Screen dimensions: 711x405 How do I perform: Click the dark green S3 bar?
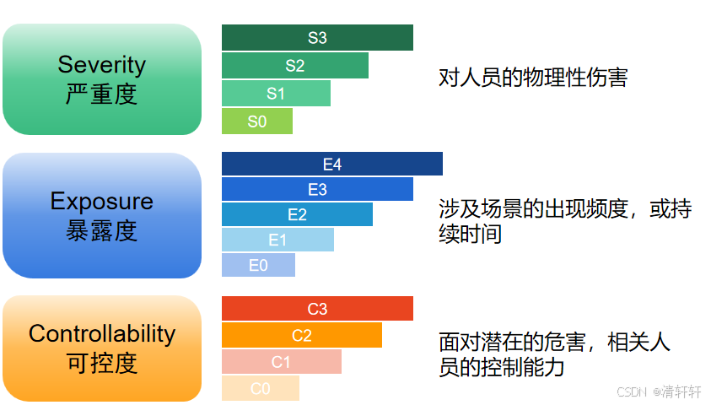pyautogui.click(x=317, y=38)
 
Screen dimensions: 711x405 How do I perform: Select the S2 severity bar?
pyautogui.click(x=294, y=65)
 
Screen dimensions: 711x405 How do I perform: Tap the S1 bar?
pyautogui.click(x=276, y=94)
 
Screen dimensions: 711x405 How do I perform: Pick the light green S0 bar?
pyautogui.click(x=257, y=121)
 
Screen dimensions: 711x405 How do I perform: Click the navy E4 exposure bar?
pyautogui.click(x=332, y=164)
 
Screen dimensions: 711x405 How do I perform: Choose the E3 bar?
pyautogui.click(x=317, y=189)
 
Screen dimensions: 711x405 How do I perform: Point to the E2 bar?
pyautogui.click(x=297, y=214)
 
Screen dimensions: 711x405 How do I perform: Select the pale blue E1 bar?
pyautogui.click(x=277, y=240)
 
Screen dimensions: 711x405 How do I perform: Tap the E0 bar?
pyautogui.click(x=258, y=265)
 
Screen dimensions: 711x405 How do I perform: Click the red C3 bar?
pyautogui.click(x=317, y=309)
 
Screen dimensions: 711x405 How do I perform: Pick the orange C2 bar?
pyautogui.click(x=302, y=335)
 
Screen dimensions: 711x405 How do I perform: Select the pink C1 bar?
pyautogui.click(x=282, y=361)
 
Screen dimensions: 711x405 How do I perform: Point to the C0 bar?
pyautogui.click(x=261, y=388)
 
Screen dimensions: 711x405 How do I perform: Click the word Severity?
pyautogui.click(x=102, y=65)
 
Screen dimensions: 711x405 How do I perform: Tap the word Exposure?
pyautogui.click(x=102, y=202)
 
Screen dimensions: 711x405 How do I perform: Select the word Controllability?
pyautogui.click(x=102, y=334)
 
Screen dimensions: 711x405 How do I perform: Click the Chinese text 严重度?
pyautogui.click(x=101, y=94)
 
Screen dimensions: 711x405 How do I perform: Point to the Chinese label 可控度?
pyautogui.click(x=102, y=364)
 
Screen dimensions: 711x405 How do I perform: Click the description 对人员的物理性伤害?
pyautogui.click(x=533, y=78)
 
